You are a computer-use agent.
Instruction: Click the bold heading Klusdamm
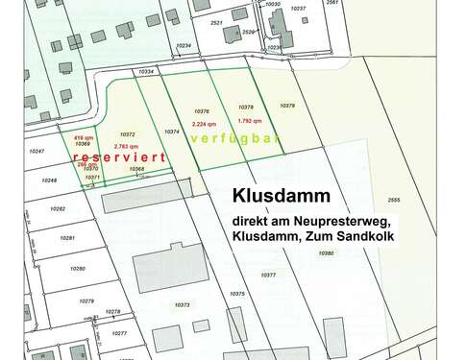(281, 194)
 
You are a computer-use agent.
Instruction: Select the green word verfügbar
(235, 139)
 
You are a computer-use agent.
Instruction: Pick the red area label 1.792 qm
(250, 121)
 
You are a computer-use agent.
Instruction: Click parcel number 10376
(202, 110)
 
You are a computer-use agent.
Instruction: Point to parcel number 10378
(245, 108)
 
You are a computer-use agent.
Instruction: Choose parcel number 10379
(286, 106)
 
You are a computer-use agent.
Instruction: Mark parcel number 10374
(173, 132)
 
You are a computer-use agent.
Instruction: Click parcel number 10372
(128, 134)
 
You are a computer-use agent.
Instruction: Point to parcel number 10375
(239, 293)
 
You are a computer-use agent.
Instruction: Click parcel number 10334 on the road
(146, 71)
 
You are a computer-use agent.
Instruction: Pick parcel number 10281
(67, 237)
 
